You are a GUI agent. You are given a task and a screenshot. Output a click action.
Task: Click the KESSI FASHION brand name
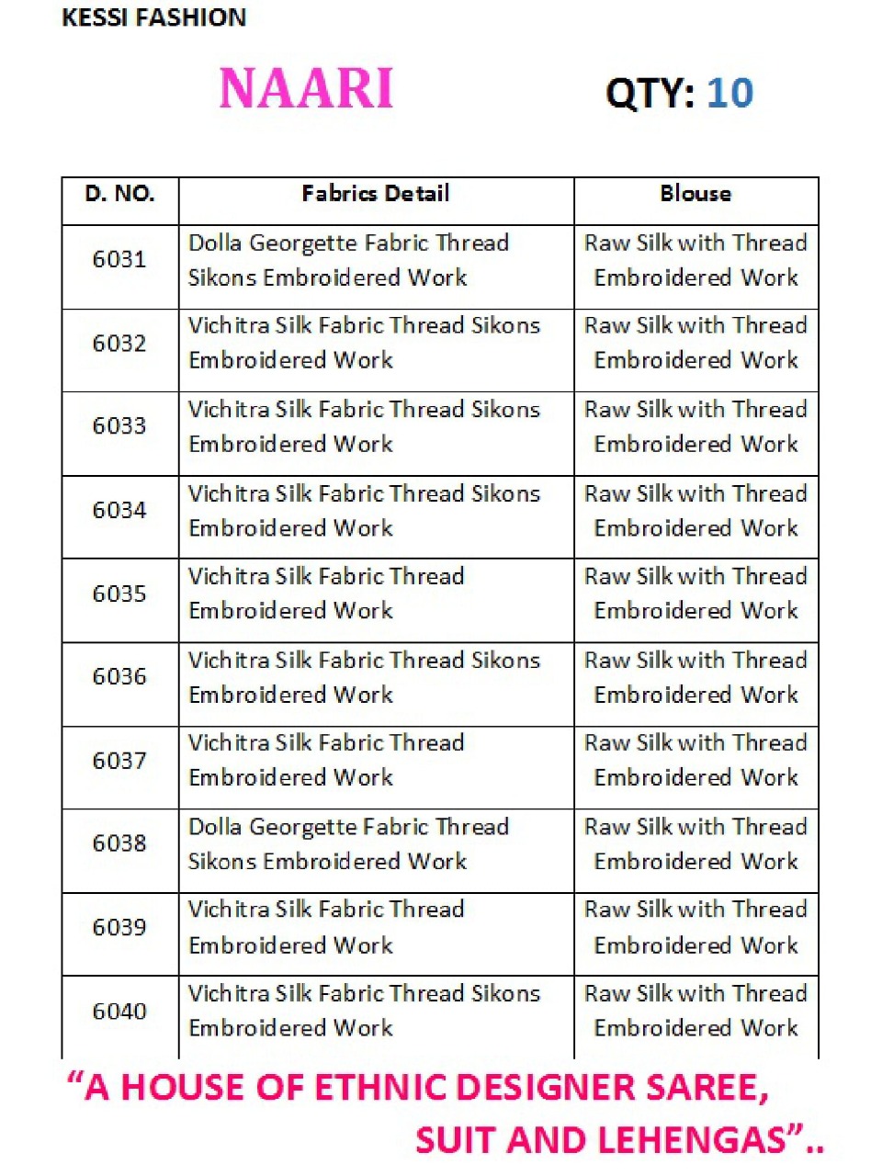[153, 17]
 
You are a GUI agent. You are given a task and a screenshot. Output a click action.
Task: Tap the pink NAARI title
[306, 89]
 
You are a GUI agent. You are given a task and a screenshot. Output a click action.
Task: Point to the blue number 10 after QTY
[730, 93]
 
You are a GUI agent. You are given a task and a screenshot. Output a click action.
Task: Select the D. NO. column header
[119, 194]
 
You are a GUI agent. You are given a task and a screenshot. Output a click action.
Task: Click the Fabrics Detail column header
[376, 194]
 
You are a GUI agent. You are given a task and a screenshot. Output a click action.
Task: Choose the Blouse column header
[695, 194]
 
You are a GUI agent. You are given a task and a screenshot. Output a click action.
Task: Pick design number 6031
[119, 259]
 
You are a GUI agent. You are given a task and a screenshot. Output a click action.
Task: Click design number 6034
[119, 510]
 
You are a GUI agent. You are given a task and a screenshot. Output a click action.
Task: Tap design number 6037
[119, 761]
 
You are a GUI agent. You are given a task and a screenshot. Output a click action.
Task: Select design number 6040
[119, 1011]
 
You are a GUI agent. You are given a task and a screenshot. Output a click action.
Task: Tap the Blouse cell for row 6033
[695, 426]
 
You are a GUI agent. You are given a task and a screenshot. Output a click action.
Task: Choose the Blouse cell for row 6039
[695, 927]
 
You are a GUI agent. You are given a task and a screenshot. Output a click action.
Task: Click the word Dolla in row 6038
[215, 827]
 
